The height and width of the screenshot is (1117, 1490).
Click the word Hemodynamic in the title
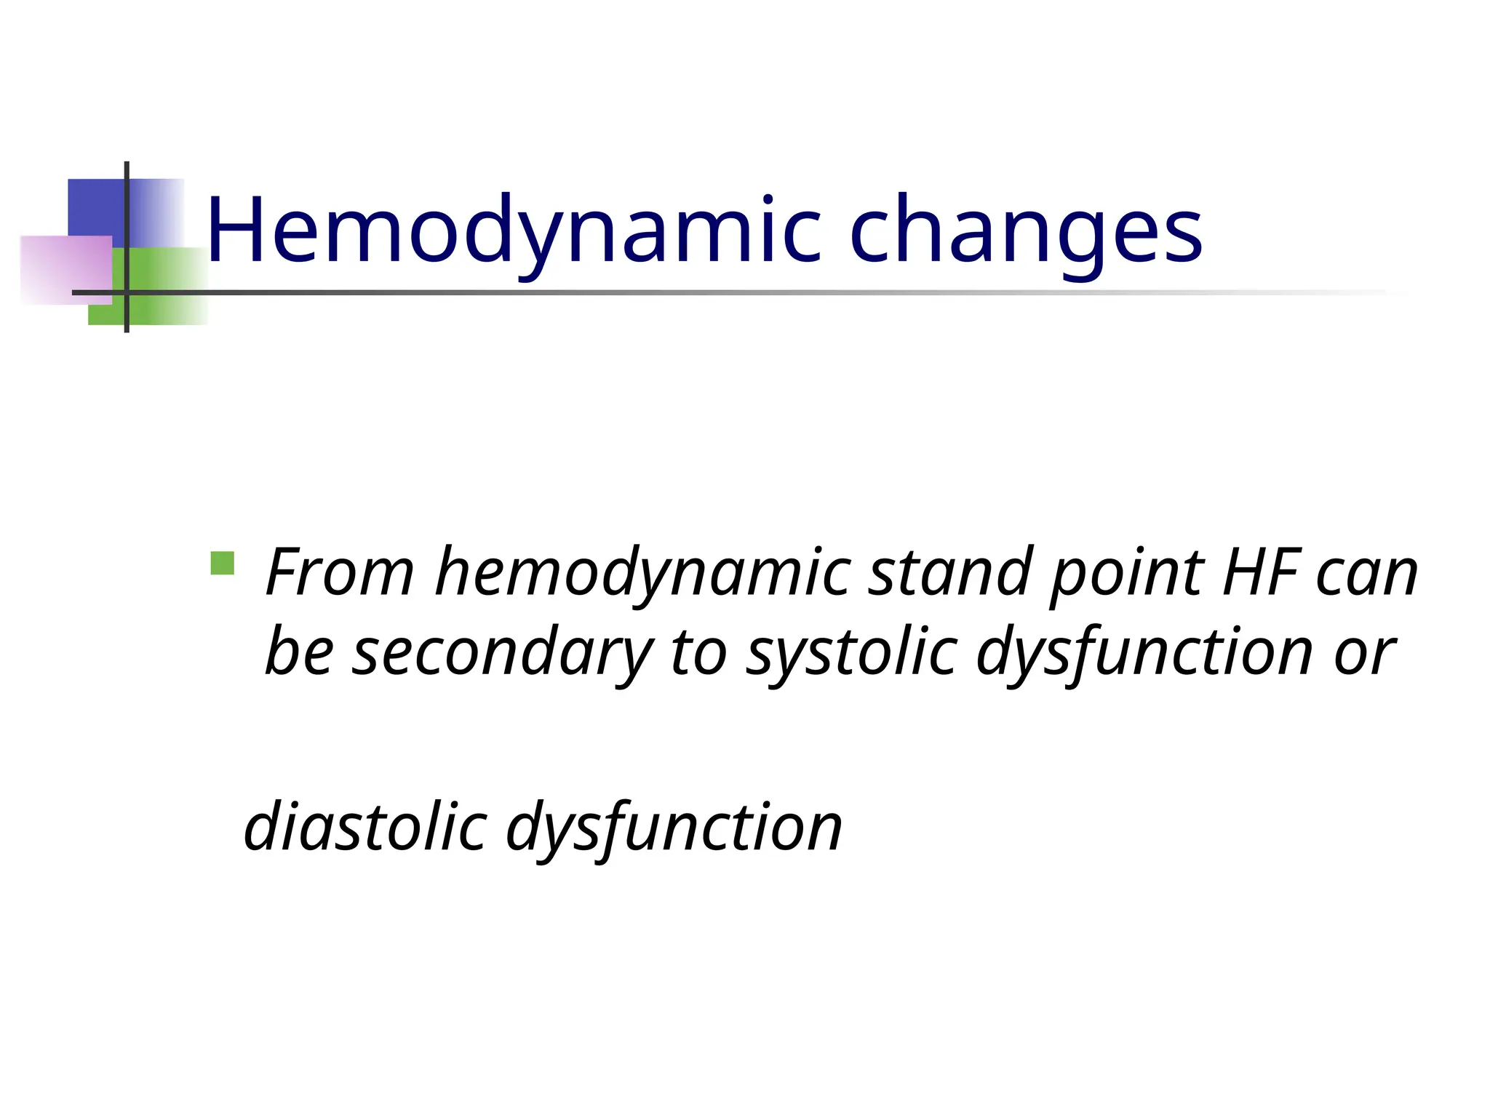coord(513,231)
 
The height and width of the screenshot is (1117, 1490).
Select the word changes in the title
coord(1025,231)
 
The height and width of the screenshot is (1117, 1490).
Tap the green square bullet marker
coord(222,564)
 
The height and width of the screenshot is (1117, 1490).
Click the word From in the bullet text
coord(340,573)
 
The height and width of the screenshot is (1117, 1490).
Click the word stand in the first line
coord(952,573)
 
